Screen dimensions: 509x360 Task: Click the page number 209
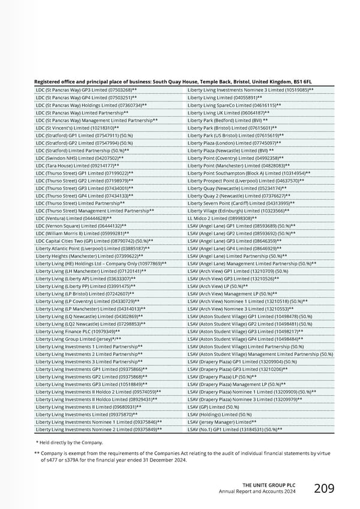324,489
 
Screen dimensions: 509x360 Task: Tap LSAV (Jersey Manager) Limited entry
226,422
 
